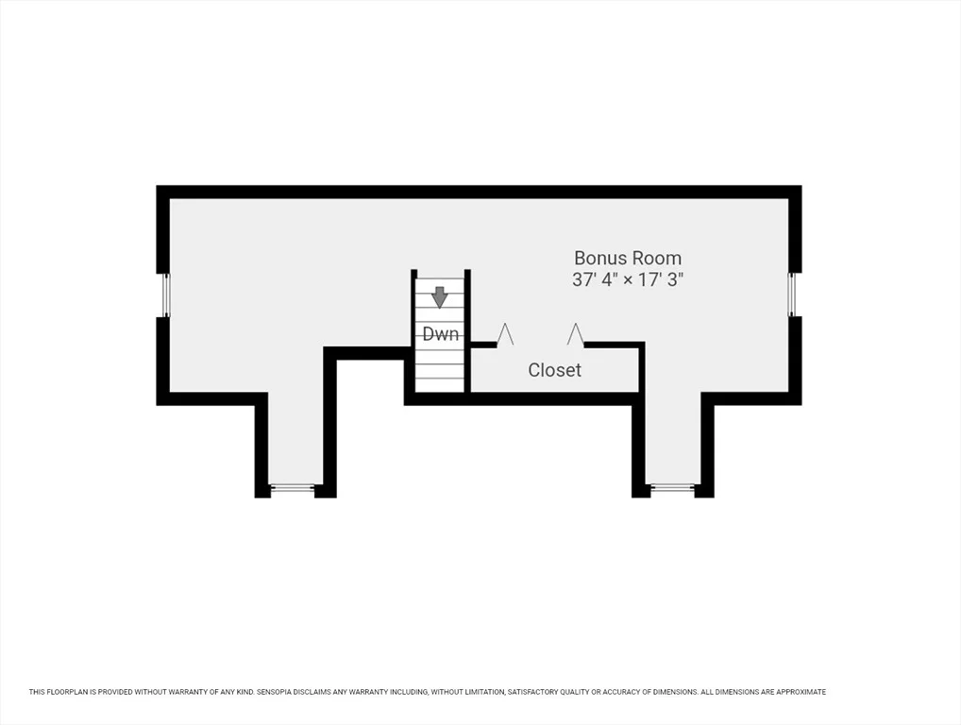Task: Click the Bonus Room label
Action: click(628, 258)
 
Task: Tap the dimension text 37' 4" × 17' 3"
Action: click(628, 280)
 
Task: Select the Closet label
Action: click(555, 370)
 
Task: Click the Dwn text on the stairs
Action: click(441, 334)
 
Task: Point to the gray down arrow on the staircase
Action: click(440, 297)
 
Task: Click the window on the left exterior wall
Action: click(165, 295)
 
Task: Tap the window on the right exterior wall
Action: click(792, 295)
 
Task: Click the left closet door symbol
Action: click(505, 334)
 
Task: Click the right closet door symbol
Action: click(575, 334)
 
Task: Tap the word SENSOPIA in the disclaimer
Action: click(276, 692)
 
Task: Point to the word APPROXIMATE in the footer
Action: click(801, 692)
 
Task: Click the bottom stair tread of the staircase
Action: click(440, 385)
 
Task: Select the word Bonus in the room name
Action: click(598, 258)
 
